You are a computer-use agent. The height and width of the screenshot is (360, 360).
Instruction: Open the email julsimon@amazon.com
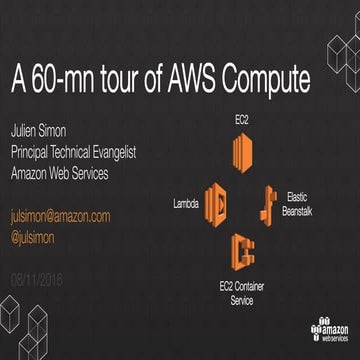click(60, 216)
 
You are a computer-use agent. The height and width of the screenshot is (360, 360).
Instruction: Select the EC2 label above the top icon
click(242, 120)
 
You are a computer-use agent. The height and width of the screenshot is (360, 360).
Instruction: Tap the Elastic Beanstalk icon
click(268, 201)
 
